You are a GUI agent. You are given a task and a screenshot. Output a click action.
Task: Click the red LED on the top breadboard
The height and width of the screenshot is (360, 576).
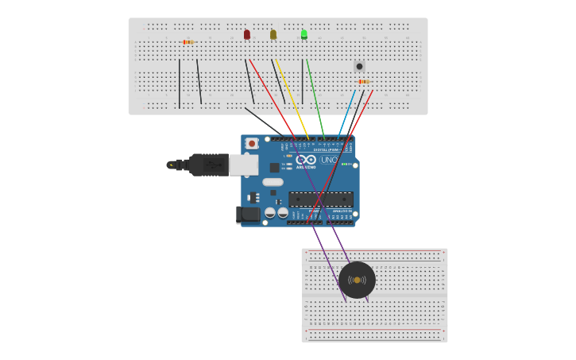[x=247, y=34]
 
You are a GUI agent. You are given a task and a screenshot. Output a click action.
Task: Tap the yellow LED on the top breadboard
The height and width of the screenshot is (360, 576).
[x=273, y=34]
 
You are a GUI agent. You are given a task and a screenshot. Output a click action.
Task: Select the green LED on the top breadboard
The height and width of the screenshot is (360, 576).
[x=304, y=34]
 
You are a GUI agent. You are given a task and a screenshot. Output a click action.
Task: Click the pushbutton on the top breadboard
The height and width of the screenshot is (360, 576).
[x=359, y=66]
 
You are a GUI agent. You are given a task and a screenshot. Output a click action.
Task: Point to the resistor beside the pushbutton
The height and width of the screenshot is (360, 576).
[x=363, y=81]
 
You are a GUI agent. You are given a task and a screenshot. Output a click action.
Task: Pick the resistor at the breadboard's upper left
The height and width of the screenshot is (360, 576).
[x=187, y=42]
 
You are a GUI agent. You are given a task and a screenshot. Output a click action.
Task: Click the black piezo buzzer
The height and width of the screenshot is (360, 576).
[x=357, y=280]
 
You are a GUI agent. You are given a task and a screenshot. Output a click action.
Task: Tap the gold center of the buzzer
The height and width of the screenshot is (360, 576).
[x=357, y=280]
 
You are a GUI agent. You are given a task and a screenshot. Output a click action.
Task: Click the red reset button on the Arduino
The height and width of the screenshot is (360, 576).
[x=252, y=144]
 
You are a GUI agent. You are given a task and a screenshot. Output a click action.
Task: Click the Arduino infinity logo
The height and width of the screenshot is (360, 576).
[x=306, y=160]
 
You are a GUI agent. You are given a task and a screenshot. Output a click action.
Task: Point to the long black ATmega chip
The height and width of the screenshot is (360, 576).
[x=320, y=199]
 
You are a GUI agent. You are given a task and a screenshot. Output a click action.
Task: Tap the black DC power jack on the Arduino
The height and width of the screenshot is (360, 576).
[x=248, y=214]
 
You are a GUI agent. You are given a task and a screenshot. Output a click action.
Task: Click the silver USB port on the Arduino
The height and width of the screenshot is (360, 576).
[x=243, y=165]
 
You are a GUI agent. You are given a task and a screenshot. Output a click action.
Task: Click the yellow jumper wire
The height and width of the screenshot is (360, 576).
[x=292, y=99]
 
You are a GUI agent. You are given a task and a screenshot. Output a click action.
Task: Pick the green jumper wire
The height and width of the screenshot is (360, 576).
[x=315, y=99]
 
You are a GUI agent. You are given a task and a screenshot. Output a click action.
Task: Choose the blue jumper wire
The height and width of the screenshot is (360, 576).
[x=347, y=111]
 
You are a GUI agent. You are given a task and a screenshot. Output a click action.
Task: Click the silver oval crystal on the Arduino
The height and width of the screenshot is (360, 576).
[x=273, y=182]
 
